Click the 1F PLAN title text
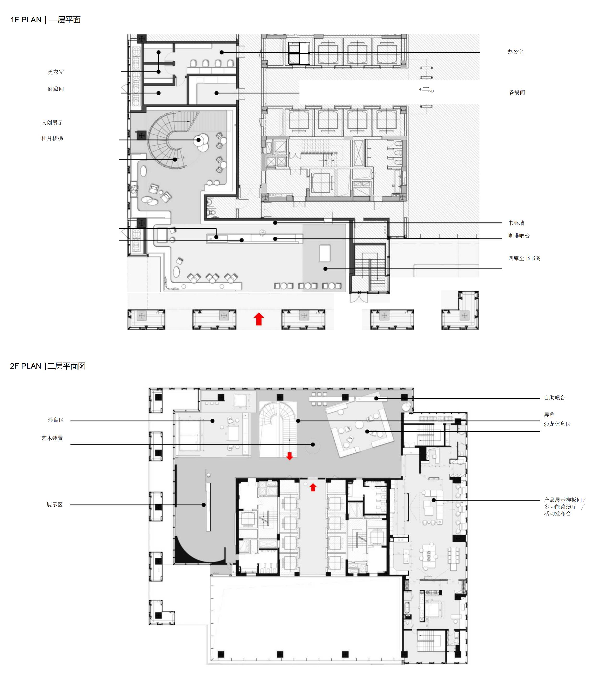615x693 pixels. tap(45, 20)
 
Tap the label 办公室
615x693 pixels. tap(515, 52)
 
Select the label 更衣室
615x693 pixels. tap(56, 72)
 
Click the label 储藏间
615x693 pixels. tap(56, 89)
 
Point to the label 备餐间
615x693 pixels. tap(517, 92)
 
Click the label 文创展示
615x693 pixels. tap(52, 123)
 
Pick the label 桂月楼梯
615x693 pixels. tap(52, 138)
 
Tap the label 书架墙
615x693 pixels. tap(516, 223)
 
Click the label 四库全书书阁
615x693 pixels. tap(524, 258)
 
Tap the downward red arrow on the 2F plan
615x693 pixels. tap(290, 456)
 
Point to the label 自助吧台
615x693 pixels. tap(555, 398)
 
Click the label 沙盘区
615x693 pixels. tap(56, 420)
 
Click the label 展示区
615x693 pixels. tap(55, 505)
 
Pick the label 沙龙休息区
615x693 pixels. tap(557, 424)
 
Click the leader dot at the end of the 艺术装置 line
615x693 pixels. tap(313, 444)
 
